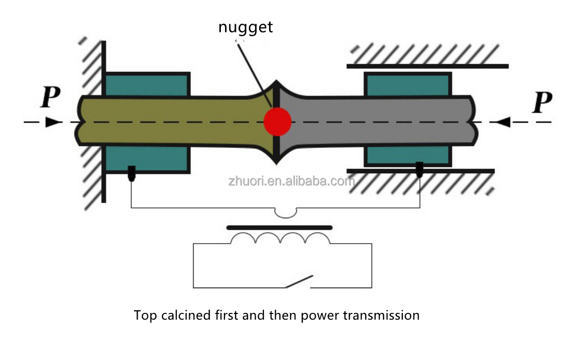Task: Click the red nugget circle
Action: coord(278,122)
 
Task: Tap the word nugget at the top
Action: coord(245,27)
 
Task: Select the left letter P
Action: coord(50,98)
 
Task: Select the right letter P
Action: coord(542,103)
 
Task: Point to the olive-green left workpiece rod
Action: coord(171,122)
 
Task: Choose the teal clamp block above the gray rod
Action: coord(408,84)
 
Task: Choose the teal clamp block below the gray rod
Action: coord(408,156)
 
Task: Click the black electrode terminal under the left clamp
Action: coord(132,173)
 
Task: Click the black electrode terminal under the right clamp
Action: coord(420,169)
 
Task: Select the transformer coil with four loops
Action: coord(280,238)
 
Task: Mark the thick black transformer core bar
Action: coord(279,227)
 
